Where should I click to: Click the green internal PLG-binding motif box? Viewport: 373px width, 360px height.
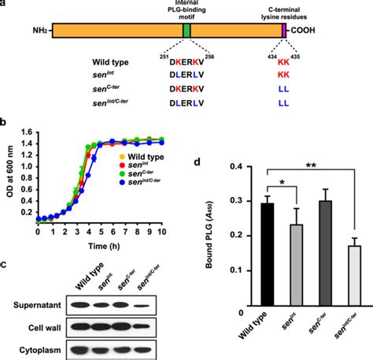tap(186, 31)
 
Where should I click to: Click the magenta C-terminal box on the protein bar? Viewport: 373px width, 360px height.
tap(283, 31)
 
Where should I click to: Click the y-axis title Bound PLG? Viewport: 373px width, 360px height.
tap(197, 242)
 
